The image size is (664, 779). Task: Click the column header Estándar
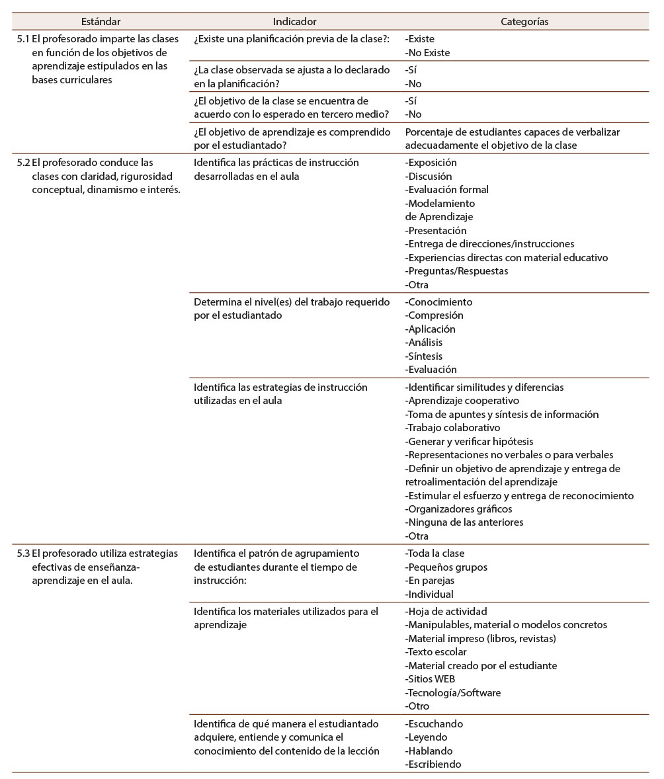[101, 22]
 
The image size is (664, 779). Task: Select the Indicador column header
[294, 22]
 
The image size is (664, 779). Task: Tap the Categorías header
[524, 22]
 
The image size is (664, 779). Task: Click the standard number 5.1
[22, 39]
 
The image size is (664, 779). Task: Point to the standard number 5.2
[22, 162]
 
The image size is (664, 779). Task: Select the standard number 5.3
[22, 553]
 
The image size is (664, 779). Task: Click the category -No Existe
[427, 53]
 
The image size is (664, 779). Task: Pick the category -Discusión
[429, 176]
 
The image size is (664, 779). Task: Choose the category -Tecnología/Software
[453, 693]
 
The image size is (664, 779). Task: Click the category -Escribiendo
[433, 764]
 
